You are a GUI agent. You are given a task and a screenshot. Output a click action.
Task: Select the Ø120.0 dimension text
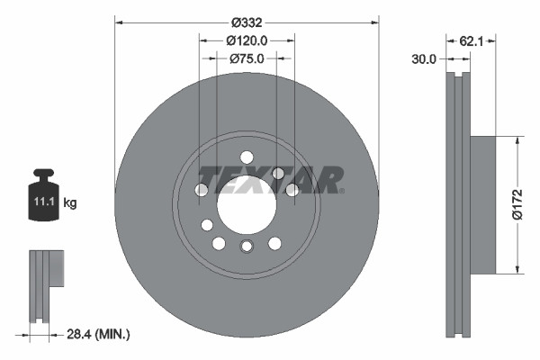click(247, 40)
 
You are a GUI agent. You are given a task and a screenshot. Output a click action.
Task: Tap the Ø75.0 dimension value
click(247, 58)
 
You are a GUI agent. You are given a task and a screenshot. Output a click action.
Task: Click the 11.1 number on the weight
click(43, 203)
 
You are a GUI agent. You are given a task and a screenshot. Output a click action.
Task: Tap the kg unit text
click(70, 203)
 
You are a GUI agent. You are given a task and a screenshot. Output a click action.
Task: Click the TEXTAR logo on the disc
click(270, 179)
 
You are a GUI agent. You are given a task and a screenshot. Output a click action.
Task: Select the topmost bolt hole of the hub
click(247, 157)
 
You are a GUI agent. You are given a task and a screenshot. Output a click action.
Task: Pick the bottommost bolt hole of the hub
click(247, 247)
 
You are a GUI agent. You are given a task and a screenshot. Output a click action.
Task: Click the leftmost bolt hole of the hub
click(202, 190)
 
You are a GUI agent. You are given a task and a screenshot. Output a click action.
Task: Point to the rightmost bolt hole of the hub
click(292, 190)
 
